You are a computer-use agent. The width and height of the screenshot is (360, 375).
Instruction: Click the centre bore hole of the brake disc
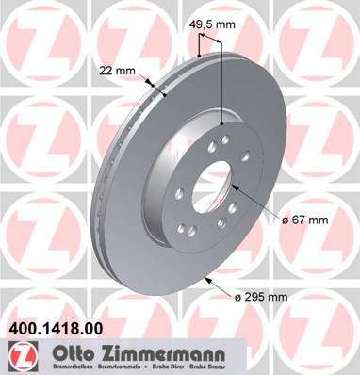tap(216, 183)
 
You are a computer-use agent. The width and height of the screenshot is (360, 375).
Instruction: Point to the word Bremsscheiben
tap(62, 368)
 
